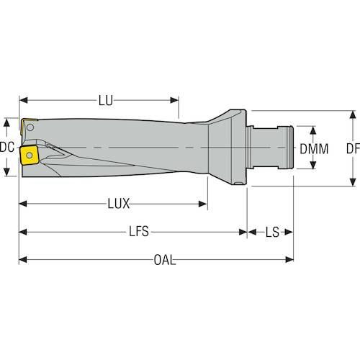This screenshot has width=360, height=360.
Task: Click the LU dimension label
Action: point(106,101)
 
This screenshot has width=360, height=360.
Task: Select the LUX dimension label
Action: point(119,204)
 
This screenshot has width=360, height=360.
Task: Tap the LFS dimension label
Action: point(139,232)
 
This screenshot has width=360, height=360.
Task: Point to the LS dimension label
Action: point(272,232)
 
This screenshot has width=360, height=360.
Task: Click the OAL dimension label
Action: point(165,260)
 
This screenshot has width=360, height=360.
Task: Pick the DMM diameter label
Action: point(314,149)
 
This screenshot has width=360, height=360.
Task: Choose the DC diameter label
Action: point(7,147)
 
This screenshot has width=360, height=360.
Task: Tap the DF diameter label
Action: point(353,149)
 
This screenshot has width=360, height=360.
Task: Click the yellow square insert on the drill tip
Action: point(30,156)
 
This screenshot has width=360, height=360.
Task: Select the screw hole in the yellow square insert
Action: point(30,156)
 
